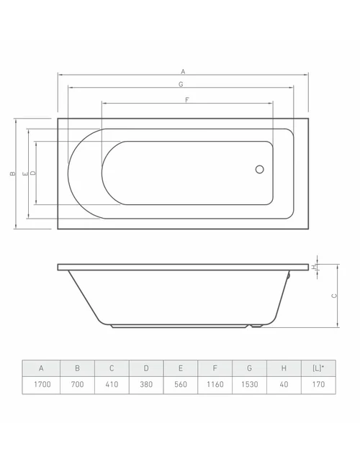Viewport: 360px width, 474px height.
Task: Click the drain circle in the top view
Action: point(260,169)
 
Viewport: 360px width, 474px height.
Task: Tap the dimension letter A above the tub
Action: point(183,72)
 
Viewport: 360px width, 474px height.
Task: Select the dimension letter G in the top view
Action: point(181,84)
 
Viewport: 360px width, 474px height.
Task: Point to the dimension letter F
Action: point(187,100)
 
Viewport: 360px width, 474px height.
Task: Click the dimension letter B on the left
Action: point(12,173)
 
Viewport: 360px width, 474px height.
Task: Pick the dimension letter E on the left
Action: point(25,173)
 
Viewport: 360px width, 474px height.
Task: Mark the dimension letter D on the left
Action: point(33,173)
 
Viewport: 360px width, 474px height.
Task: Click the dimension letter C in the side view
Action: point(334,296)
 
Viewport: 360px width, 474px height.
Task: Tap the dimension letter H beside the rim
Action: point(315,267)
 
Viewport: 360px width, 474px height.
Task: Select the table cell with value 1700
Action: point(41,385)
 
